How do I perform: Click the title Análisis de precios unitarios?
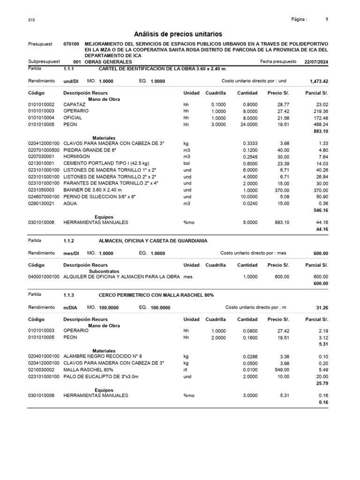click(x=178, y=34)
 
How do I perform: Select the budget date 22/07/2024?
click(x=316, y=61)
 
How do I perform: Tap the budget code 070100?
click(x=71, y=44)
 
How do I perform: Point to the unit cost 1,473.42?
click(x=319, y=81)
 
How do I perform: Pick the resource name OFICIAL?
click(x=72, y=118)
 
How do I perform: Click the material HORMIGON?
click(x=76, y=156)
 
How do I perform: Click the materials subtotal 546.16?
click(x=320, y=211)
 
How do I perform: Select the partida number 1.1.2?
click(x=69, y=240)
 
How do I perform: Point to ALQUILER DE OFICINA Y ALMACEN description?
click(x=121, y=277)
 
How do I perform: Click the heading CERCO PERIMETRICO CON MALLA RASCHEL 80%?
click(x=156, y=295)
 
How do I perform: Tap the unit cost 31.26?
click(x=322, y=307)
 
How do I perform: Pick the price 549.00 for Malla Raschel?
click(x=282, y=370)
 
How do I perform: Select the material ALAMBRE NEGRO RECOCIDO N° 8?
click(x=103, y=356)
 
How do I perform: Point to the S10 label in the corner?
click(x=31, y=20)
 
